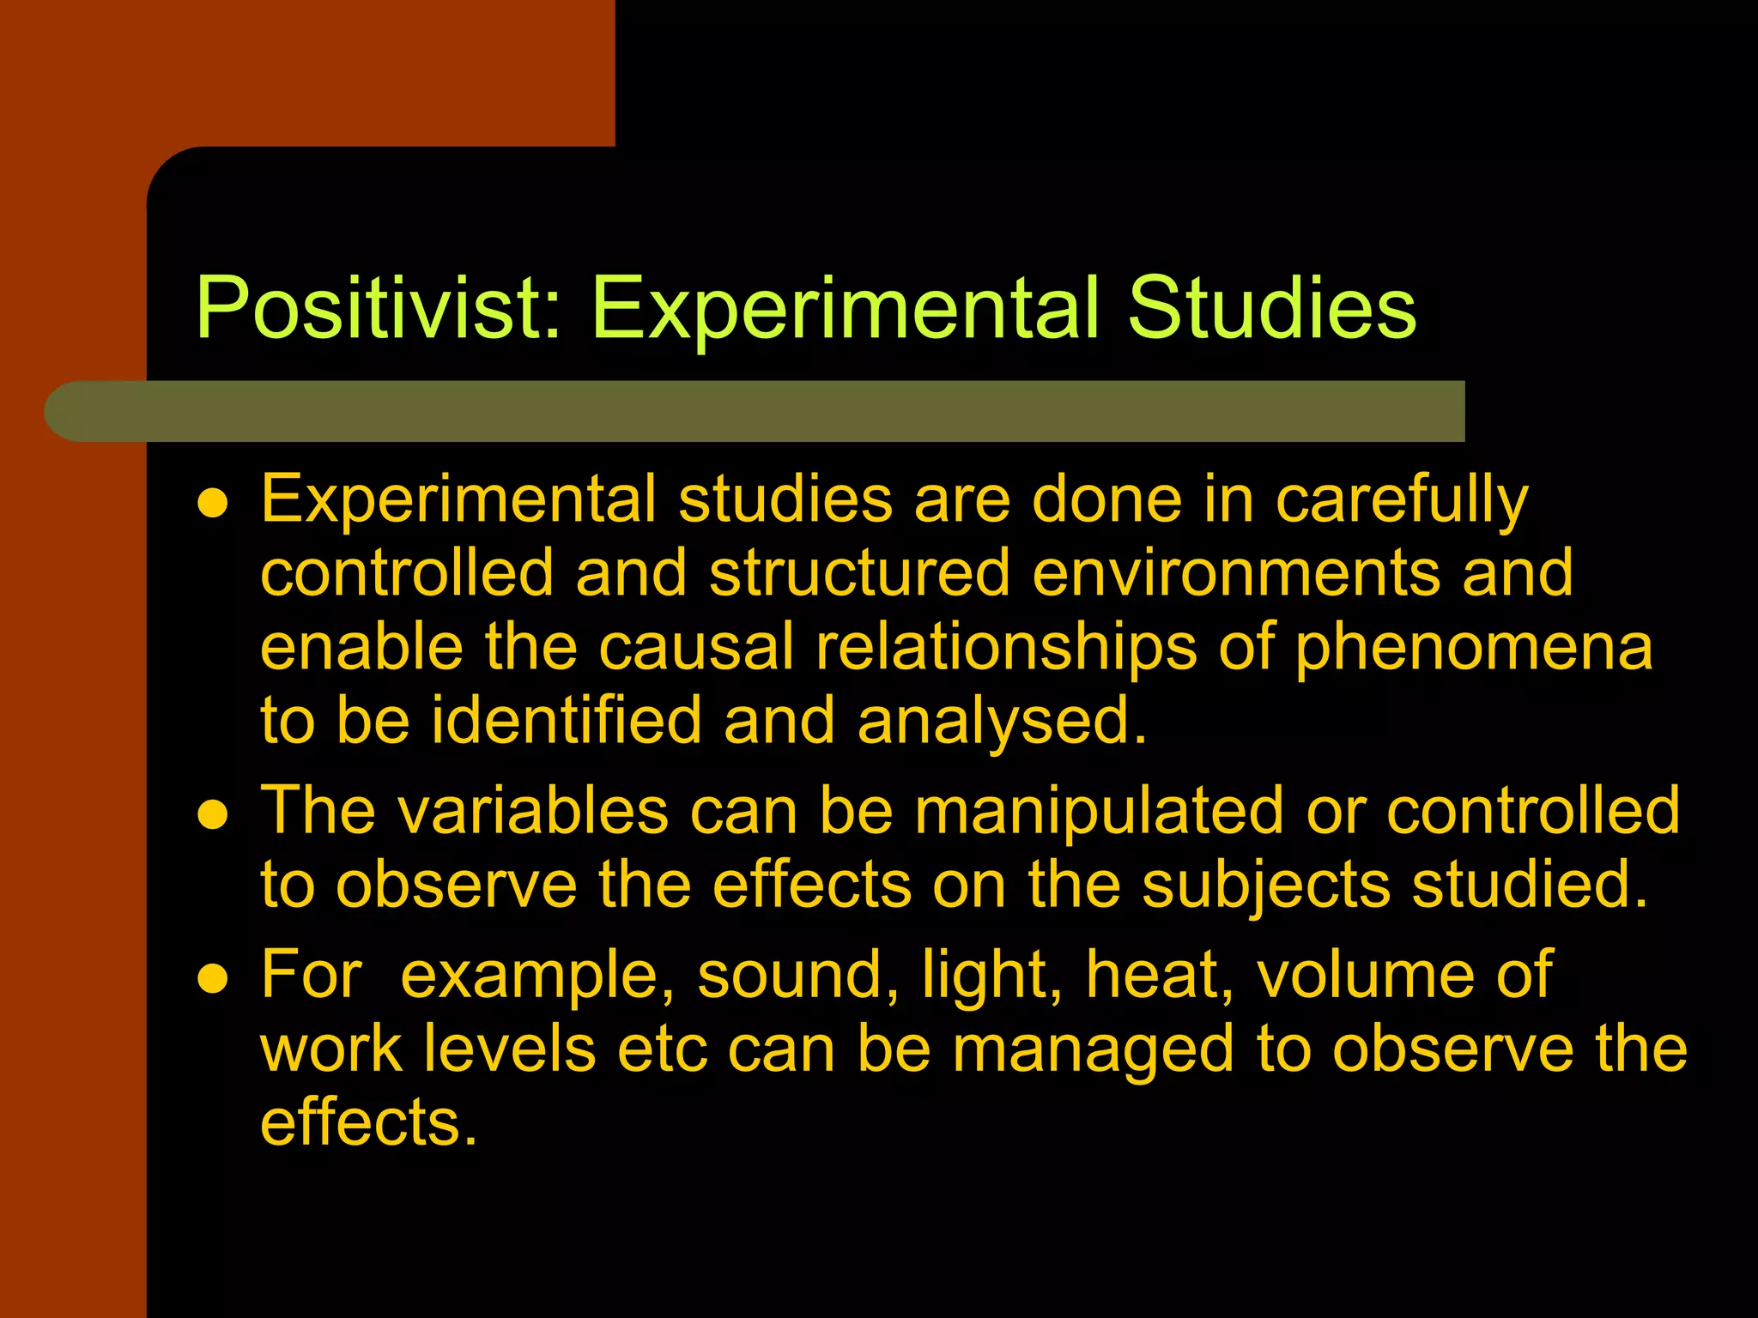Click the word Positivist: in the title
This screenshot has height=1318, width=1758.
pos(379,309)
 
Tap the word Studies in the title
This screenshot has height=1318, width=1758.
pos(1271,309)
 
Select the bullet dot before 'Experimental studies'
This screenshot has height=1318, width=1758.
pos(212,505)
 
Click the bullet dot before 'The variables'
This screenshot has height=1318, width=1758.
pos(212,816)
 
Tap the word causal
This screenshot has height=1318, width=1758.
pos(696,647)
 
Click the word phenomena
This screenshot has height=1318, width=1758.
pos(1473,649)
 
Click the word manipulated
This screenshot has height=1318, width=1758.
pos(1099,812)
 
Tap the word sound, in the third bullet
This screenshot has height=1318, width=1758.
pos(799,976)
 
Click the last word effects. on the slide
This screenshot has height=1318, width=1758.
pos(368,1122)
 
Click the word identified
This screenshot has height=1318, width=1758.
pos(567,721)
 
